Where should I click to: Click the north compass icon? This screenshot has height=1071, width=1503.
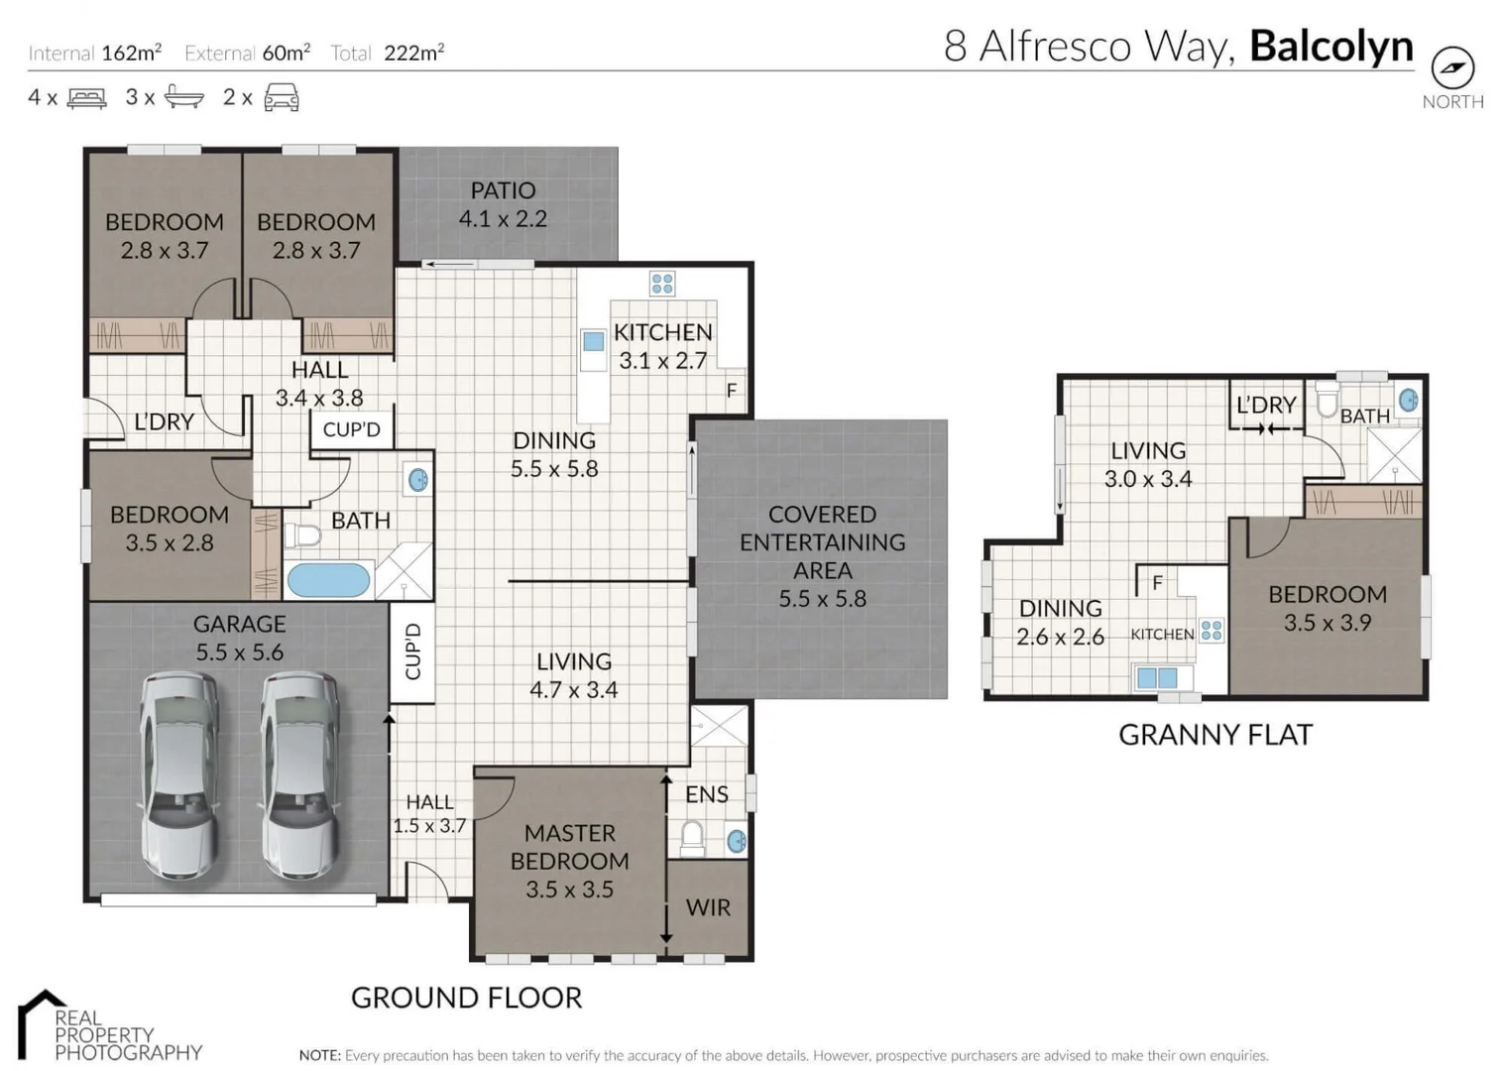(x=1452, y=67)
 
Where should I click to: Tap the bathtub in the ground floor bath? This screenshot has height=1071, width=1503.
(x=328, y=580)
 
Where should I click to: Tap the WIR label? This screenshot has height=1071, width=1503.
(x=708, y=907)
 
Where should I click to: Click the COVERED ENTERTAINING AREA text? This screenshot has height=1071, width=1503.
(x=822, y=555)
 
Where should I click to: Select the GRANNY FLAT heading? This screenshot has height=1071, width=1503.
(x=1215, y=735)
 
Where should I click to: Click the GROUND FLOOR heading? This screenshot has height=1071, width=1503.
(x=466, y=998)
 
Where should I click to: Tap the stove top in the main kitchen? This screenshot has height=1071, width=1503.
(x=662, y=284)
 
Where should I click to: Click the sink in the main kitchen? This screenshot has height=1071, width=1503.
(x=593, y=342)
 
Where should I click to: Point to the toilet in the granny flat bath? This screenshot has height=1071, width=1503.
(x=1327, y=402)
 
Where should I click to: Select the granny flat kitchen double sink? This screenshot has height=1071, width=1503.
(x=1158, y=678)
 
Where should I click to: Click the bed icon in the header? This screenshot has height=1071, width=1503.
(x=86, y=98)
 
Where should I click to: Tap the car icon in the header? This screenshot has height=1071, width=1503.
(x=282, y=98)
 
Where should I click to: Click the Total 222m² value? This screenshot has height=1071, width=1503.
(x=413, y=54)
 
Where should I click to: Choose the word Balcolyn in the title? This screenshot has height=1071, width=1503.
(x=1330, y=47)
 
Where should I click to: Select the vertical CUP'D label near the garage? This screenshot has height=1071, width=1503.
(x=413, y=652)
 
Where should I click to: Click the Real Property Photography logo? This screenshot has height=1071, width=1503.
(x=109, y=1027)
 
